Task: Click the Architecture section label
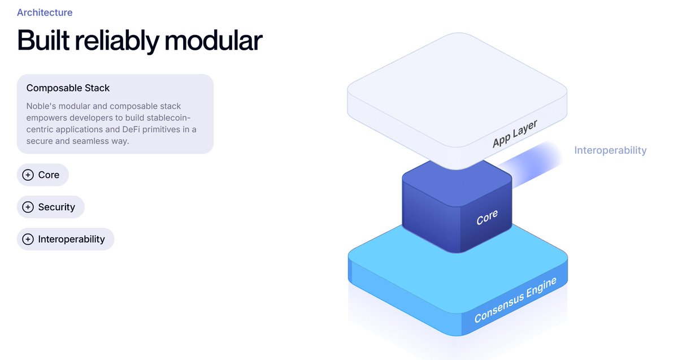point(45,12)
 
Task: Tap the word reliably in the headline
point(124,41)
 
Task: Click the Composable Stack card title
point(68,88)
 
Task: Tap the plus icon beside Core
point(28,175)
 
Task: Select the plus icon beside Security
point(28,207)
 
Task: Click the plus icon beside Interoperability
point(28,240)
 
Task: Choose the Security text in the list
point(56,207)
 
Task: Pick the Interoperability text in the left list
point(72,240)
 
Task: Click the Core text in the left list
point(49,175)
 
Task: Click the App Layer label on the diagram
point(514,133)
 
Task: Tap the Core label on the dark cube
point(487,217)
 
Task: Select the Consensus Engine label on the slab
point(515,300)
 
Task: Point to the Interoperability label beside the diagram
point(610,150)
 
